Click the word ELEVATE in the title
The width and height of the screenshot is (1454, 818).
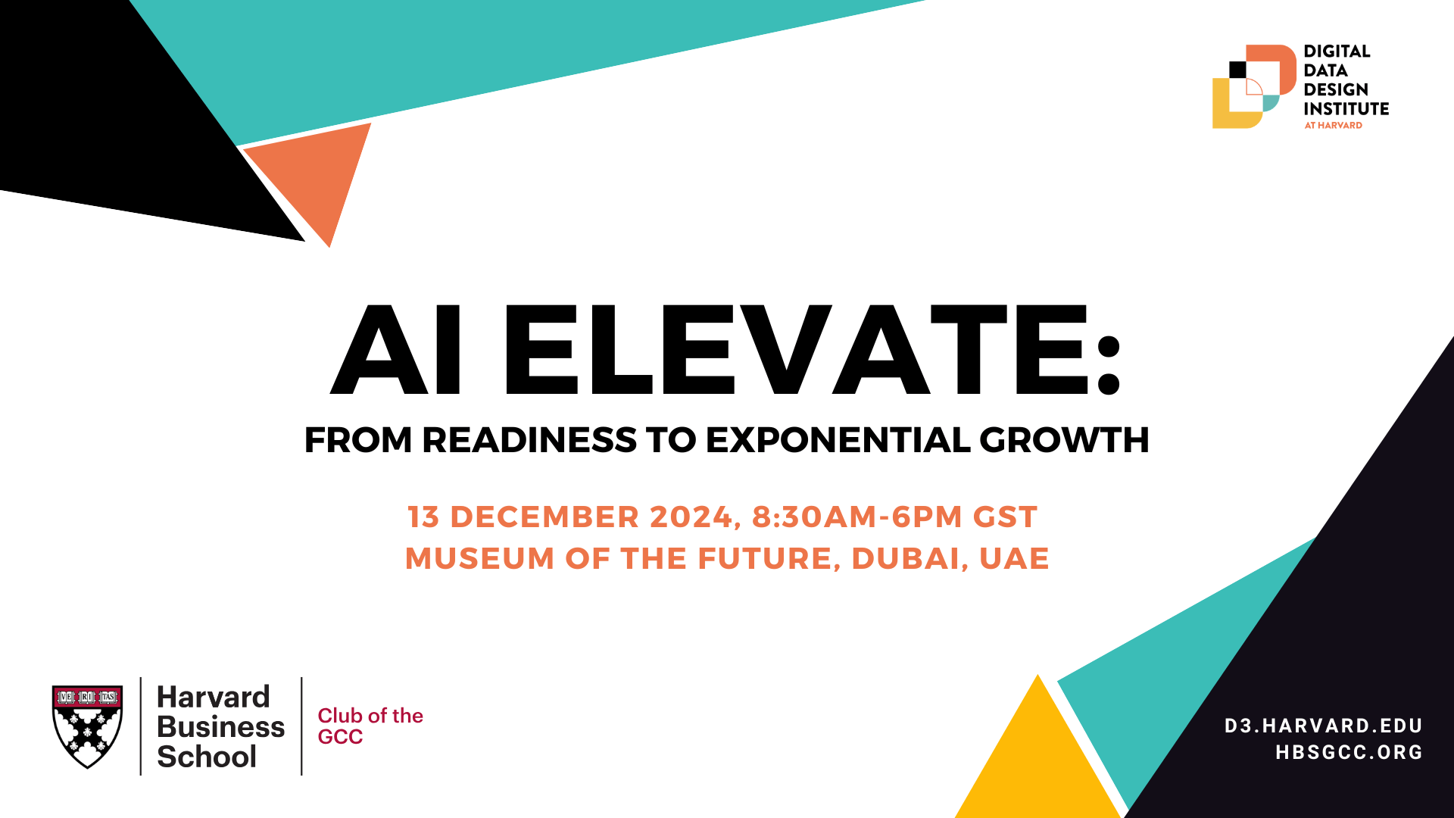[x=812, y=350]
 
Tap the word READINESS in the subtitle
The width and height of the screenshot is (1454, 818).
[x=529, y=440]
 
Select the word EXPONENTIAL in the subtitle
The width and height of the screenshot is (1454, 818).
[x=838, y=440]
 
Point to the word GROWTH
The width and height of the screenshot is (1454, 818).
[x=1064, y=440]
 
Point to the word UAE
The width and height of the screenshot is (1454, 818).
[x=1014, y=558]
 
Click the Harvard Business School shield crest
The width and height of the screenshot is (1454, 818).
[x=88, y=726]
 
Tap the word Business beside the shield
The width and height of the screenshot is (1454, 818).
[x=221, y=727]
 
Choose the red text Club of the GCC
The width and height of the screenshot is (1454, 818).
[x=370, y=726]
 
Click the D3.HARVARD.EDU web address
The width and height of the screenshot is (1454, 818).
[x=1323, y=726]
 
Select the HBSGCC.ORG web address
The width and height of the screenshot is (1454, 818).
[x=1349, y=752]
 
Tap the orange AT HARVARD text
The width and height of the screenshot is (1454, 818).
[x=1333, y=125]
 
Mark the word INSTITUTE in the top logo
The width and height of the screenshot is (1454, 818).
[x=1346, y=108]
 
